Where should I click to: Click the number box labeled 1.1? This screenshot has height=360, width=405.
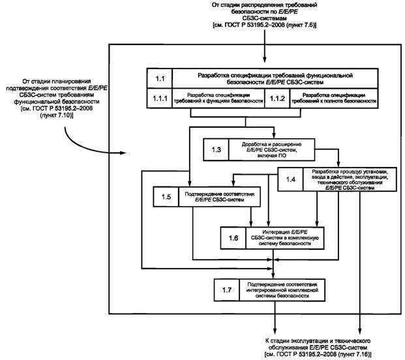click(x=160, y=78)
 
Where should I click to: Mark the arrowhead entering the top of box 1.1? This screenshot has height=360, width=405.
click(x=265, y=63)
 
